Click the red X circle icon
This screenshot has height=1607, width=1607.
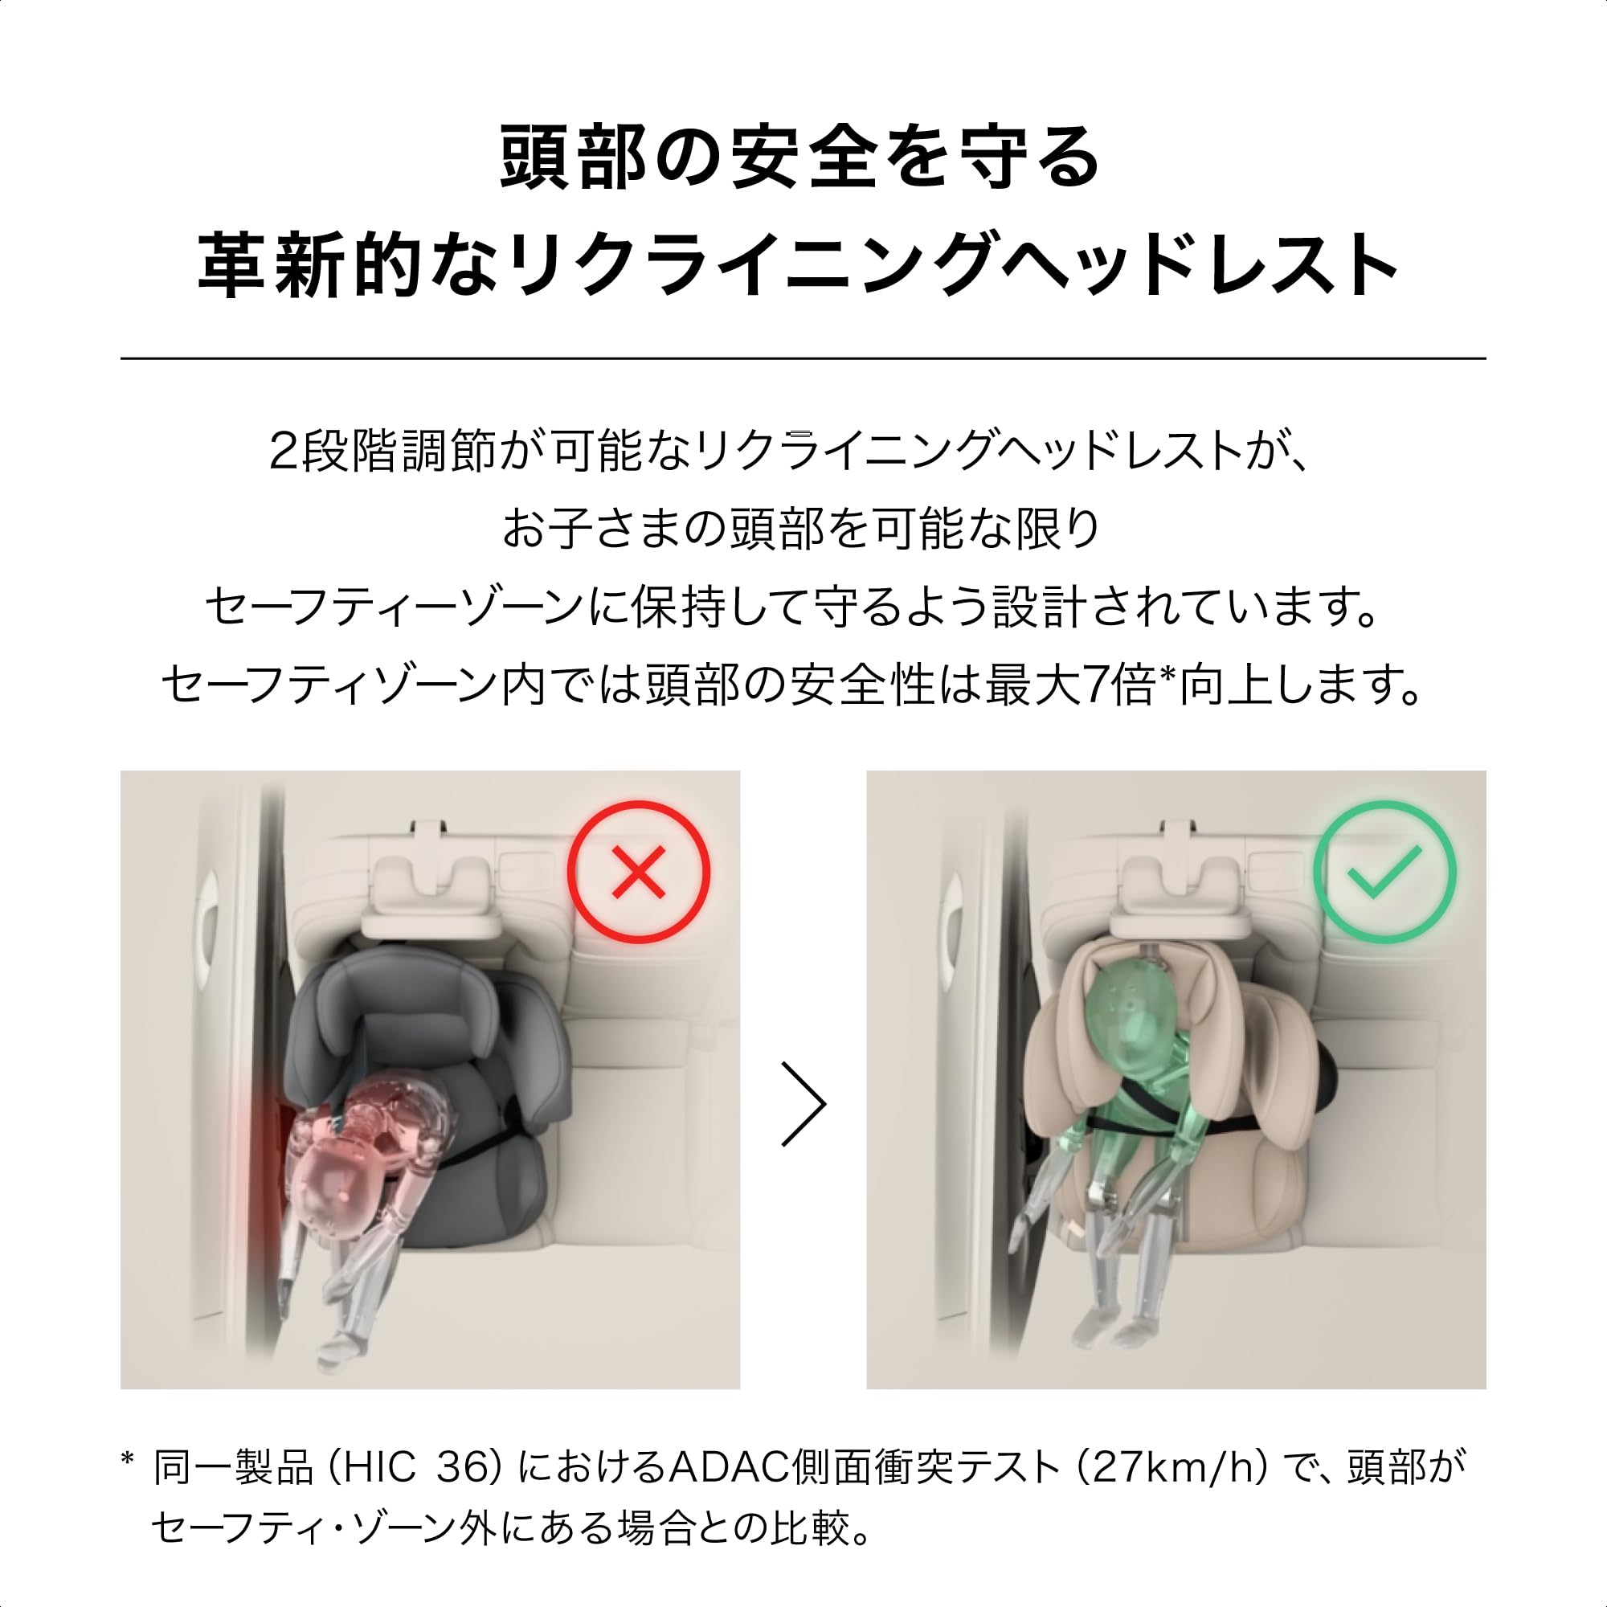point(639,873)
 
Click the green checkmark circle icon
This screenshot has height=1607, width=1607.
point(1385,873)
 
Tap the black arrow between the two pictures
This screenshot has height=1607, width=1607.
point(803,1104)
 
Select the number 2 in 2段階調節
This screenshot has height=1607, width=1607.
point(284,453)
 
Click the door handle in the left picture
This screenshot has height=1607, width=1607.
point(206,919)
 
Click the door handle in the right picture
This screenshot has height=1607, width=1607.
point(951,919)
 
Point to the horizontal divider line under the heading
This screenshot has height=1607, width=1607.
point(803,358)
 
